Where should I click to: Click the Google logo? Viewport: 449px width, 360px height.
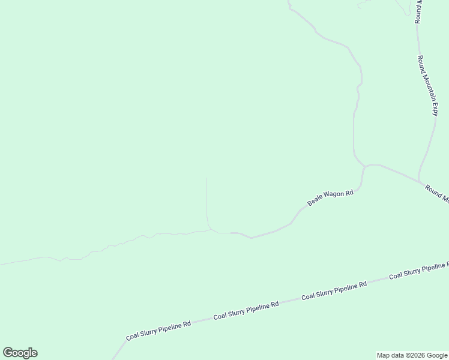(20, 353)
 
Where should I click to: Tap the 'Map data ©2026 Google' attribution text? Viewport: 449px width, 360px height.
(412, 355)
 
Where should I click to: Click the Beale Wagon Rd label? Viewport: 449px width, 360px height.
(330, 199)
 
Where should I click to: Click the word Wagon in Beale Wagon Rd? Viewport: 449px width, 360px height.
(333, 197)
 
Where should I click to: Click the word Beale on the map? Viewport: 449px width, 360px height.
(315, 203)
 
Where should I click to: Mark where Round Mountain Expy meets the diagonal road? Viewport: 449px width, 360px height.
(418, 181)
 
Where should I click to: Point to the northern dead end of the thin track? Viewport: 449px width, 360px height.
(206, 178)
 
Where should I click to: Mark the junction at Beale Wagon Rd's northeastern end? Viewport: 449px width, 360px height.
(365, 166)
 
